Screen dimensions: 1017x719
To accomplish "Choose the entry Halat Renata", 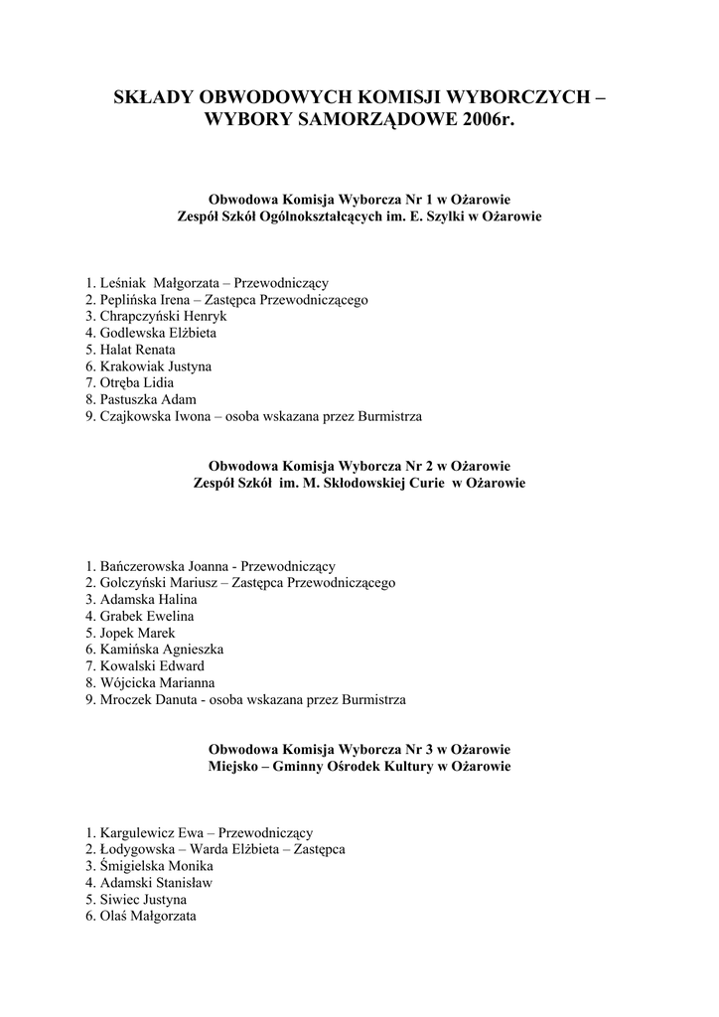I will coord(137,350).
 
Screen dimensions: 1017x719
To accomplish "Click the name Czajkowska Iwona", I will coord(157,417).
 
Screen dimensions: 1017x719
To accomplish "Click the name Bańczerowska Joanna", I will coord(162,565).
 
